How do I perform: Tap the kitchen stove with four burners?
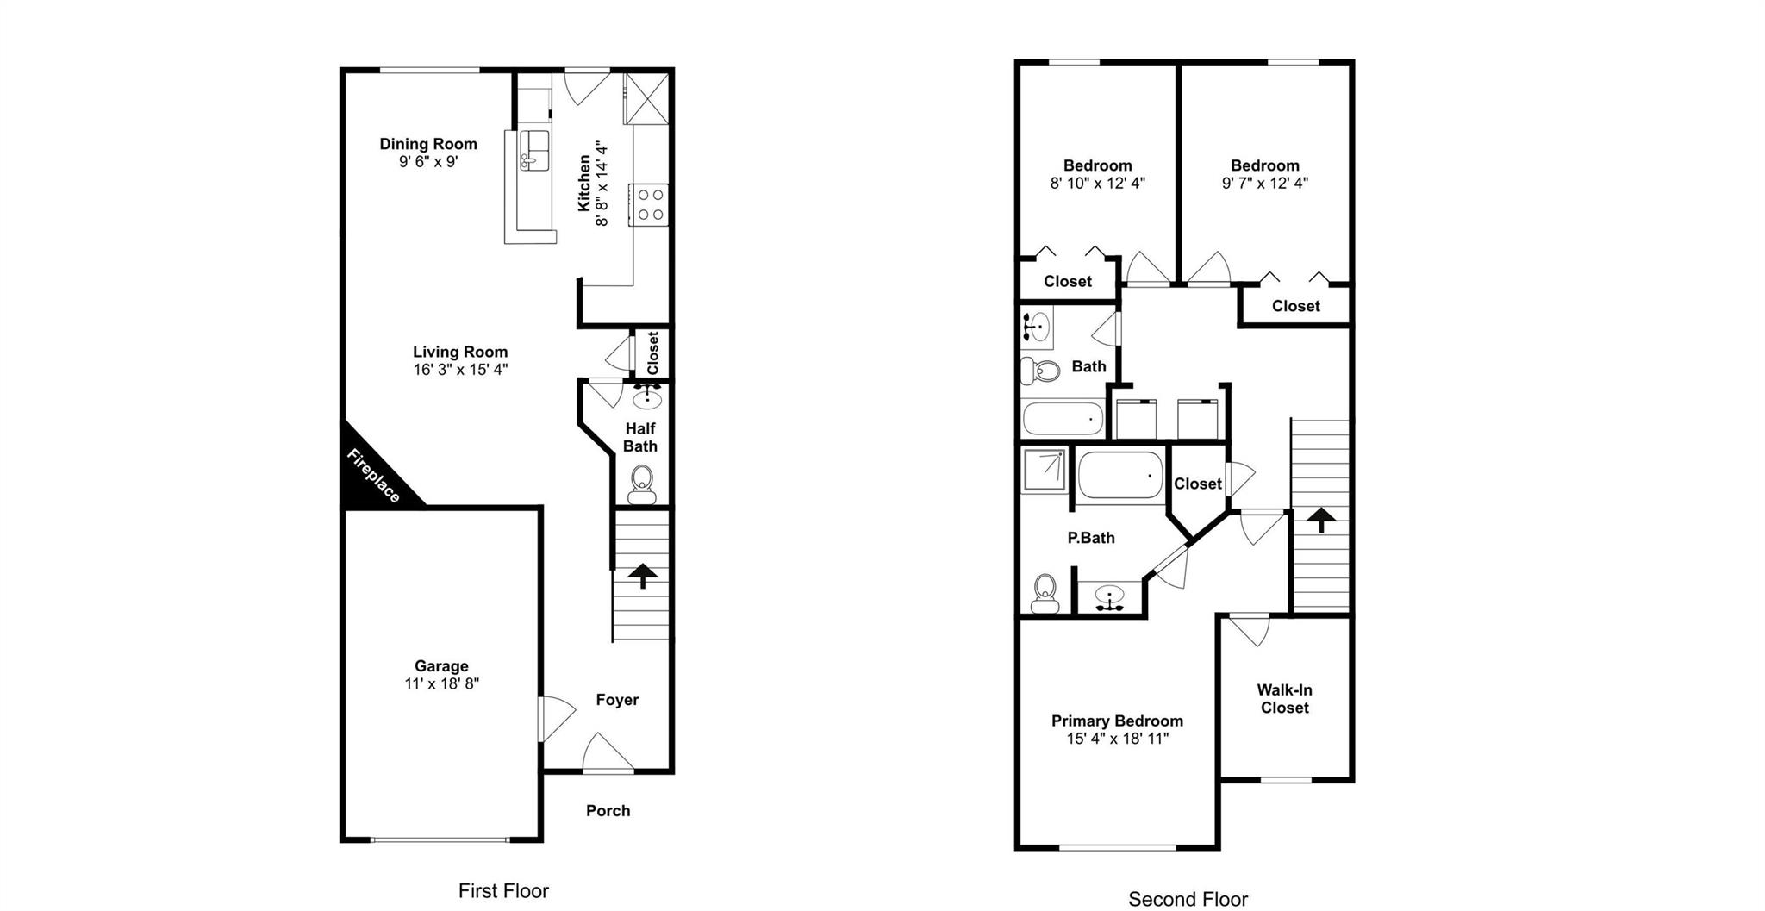click(649, 205)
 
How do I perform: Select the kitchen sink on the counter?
click(533, 151)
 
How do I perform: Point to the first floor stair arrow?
click(641, 575)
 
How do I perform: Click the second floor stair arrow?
click(1320, 520)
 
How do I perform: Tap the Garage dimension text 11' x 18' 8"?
click(441, 684)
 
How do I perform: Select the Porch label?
click(608, 811)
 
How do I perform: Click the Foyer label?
click(617, 700)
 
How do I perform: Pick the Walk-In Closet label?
click(1284, 699)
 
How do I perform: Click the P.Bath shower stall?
click(1045, 469)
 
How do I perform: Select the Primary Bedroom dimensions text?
click(1117, 739)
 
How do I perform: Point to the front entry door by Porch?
click(608, 753)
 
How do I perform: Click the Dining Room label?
click(428, 144)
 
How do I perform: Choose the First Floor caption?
click(503, 891)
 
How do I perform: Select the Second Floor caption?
click(1188, 899)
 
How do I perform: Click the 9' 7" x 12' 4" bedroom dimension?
click(1264, 183)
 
